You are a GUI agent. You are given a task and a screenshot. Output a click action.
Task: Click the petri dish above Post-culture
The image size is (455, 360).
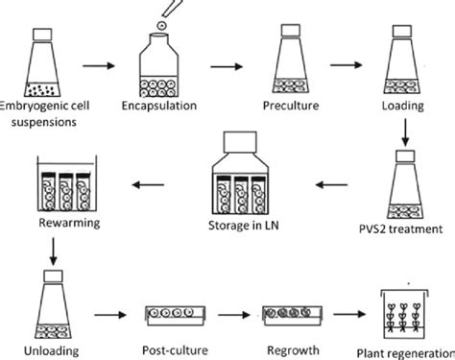pos(172,313)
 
